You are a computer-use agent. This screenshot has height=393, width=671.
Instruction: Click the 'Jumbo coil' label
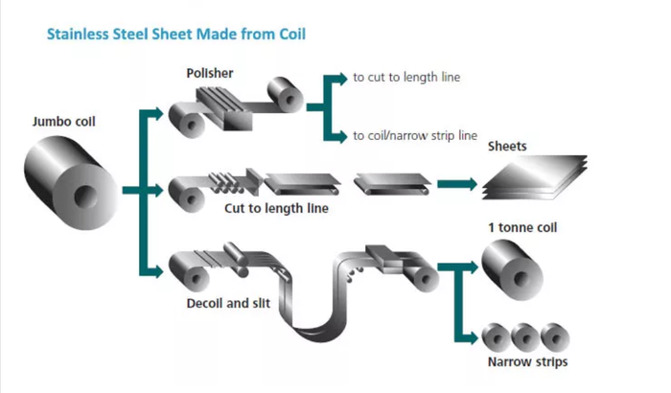[x=61, y=122]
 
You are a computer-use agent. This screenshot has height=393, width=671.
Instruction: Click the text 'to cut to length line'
[x=406, y=77]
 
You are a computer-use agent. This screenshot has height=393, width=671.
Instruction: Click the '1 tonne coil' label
[x=521, y=228]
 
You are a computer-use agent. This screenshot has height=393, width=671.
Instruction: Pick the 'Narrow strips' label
[x=528, y=361]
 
